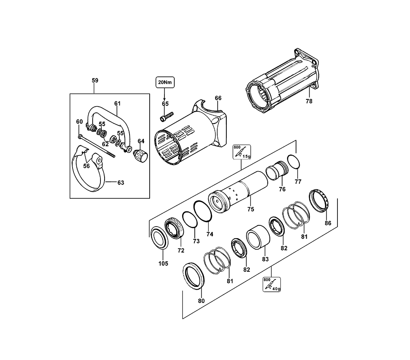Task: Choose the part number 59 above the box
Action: click(x=95, y=80)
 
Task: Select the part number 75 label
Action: click(x=251, y=209)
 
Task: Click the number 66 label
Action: click(x=218, y=98)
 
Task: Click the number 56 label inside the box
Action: click(x=87, y=166)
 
